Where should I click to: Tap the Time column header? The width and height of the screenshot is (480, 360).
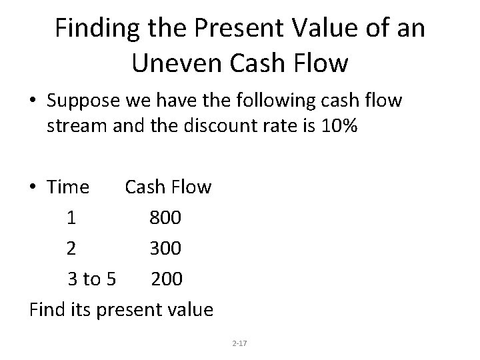[68, 187]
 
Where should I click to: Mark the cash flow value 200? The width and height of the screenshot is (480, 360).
[166, 279]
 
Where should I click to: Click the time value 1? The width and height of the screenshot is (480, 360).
[71, 218]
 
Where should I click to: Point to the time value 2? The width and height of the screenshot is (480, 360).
[71, 249]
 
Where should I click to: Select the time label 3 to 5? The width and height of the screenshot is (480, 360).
[92, 279]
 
